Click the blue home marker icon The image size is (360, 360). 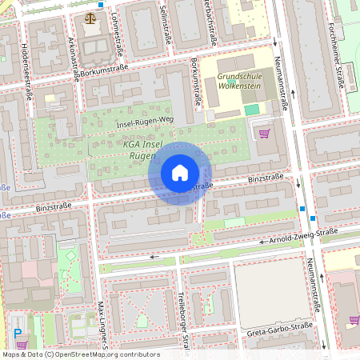pos(180,173)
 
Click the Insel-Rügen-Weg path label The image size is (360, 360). pos(144,122)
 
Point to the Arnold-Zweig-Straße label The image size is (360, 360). pos(303,236)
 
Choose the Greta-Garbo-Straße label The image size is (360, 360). pos(278,329)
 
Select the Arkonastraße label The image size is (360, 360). pos(74,54)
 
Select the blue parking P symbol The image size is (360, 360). pos(18,333)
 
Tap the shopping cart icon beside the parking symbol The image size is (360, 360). pos(22,345)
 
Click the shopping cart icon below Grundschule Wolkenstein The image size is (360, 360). pos(264,134)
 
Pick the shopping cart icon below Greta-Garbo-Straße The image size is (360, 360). pos(354,320)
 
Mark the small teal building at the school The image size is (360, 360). pos(252,109)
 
